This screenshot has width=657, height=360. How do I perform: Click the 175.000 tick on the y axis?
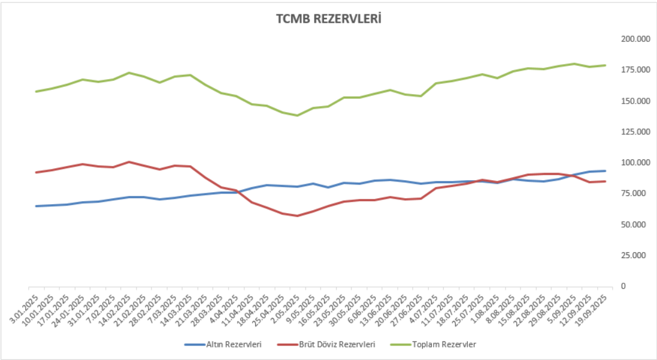click(x=636, y=70)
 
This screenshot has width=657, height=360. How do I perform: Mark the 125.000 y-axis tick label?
click(x=636, y=132)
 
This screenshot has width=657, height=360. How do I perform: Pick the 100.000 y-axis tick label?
click(x=636, y=163)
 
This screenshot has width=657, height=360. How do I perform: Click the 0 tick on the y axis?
click(x=623, y=286)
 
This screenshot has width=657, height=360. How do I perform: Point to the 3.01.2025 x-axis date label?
click(x=26, y=305)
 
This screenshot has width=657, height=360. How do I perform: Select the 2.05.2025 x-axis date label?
click(x=287, y=305)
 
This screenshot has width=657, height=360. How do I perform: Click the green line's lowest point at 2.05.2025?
click(x=297, y=116)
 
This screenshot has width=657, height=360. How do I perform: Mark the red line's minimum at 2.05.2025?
click(x=297, y=216)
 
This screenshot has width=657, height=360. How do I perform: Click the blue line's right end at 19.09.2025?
click(x=605, y=171)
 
